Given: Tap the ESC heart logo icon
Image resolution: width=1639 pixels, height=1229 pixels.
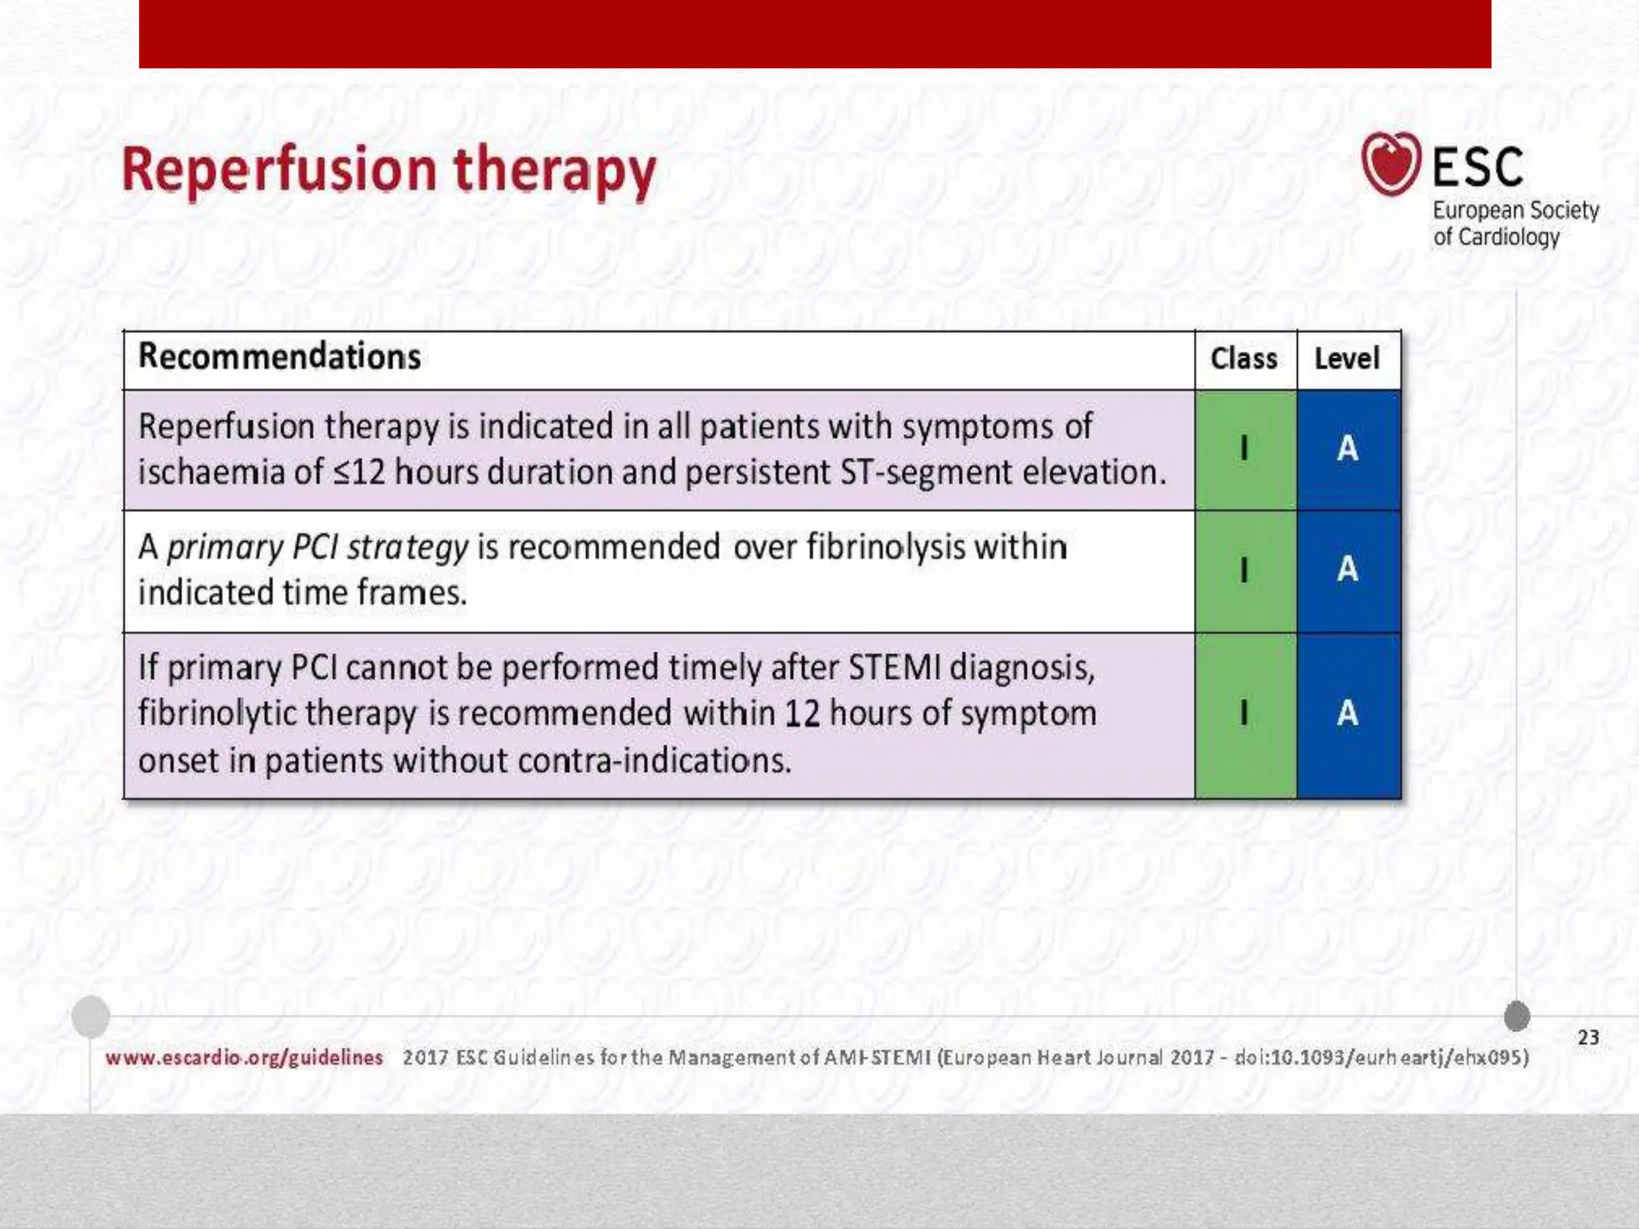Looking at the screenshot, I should point(1391,164).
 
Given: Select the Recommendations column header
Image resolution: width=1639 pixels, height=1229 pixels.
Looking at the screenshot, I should point(279,357).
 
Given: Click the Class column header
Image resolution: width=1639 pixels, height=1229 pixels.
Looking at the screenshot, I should point(1244,358).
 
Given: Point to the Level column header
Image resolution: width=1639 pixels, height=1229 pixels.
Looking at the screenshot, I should point(1347,358).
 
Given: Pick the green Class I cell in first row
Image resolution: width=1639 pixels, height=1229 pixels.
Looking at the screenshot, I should point(1244,449).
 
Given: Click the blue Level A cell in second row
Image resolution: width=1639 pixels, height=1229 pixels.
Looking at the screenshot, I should point(1348,570).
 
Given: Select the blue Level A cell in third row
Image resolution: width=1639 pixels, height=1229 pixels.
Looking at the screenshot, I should point(1348,714).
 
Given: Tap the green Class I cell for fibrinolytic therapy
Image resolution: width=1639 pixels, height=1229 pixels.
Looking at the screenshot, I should point(1244,714).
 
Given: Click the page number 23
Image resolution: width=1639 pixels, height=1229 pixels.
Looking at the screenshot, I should point(1588,1038).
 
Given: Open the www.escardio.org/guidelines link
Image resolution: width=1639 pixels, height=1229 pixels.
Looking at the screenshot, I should point(244,1058).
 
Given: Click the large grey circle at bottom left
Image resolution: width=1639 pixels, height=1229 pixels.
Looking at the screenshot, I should point(90,1017).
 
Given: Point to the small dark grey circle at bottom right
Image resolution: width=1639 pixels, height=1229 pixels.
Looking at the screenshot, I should point(1517,1016).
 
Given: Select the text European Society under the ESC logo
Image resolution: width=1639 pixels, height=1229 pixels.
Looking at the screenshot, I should point(1515,210).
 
